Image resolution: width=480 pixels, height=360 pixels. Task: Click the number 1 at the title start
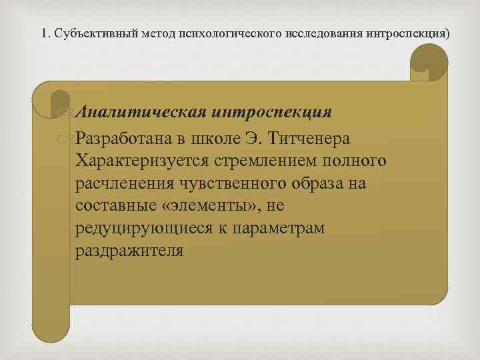[x=43, y=33]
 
